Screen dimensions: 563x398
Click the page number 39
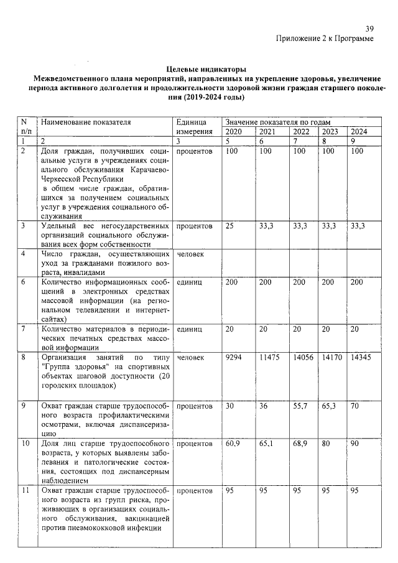click(369, 29)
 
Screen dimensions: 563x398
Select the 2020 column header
click(233, 132)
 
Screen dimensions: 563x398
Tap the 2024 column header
click(359, 132)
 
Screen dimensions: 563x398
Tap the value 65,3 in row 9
click(330, 406)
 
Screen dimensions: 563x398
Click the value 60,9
click(233, 444)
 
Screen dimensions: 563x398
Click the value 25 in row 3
click(229, 226)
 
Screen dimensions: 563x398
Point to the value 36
click(264, 406)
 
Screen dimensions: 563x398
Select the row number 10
click(25, 444)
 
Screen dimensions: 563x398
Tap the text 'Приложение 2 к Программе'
click(325, 39)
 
